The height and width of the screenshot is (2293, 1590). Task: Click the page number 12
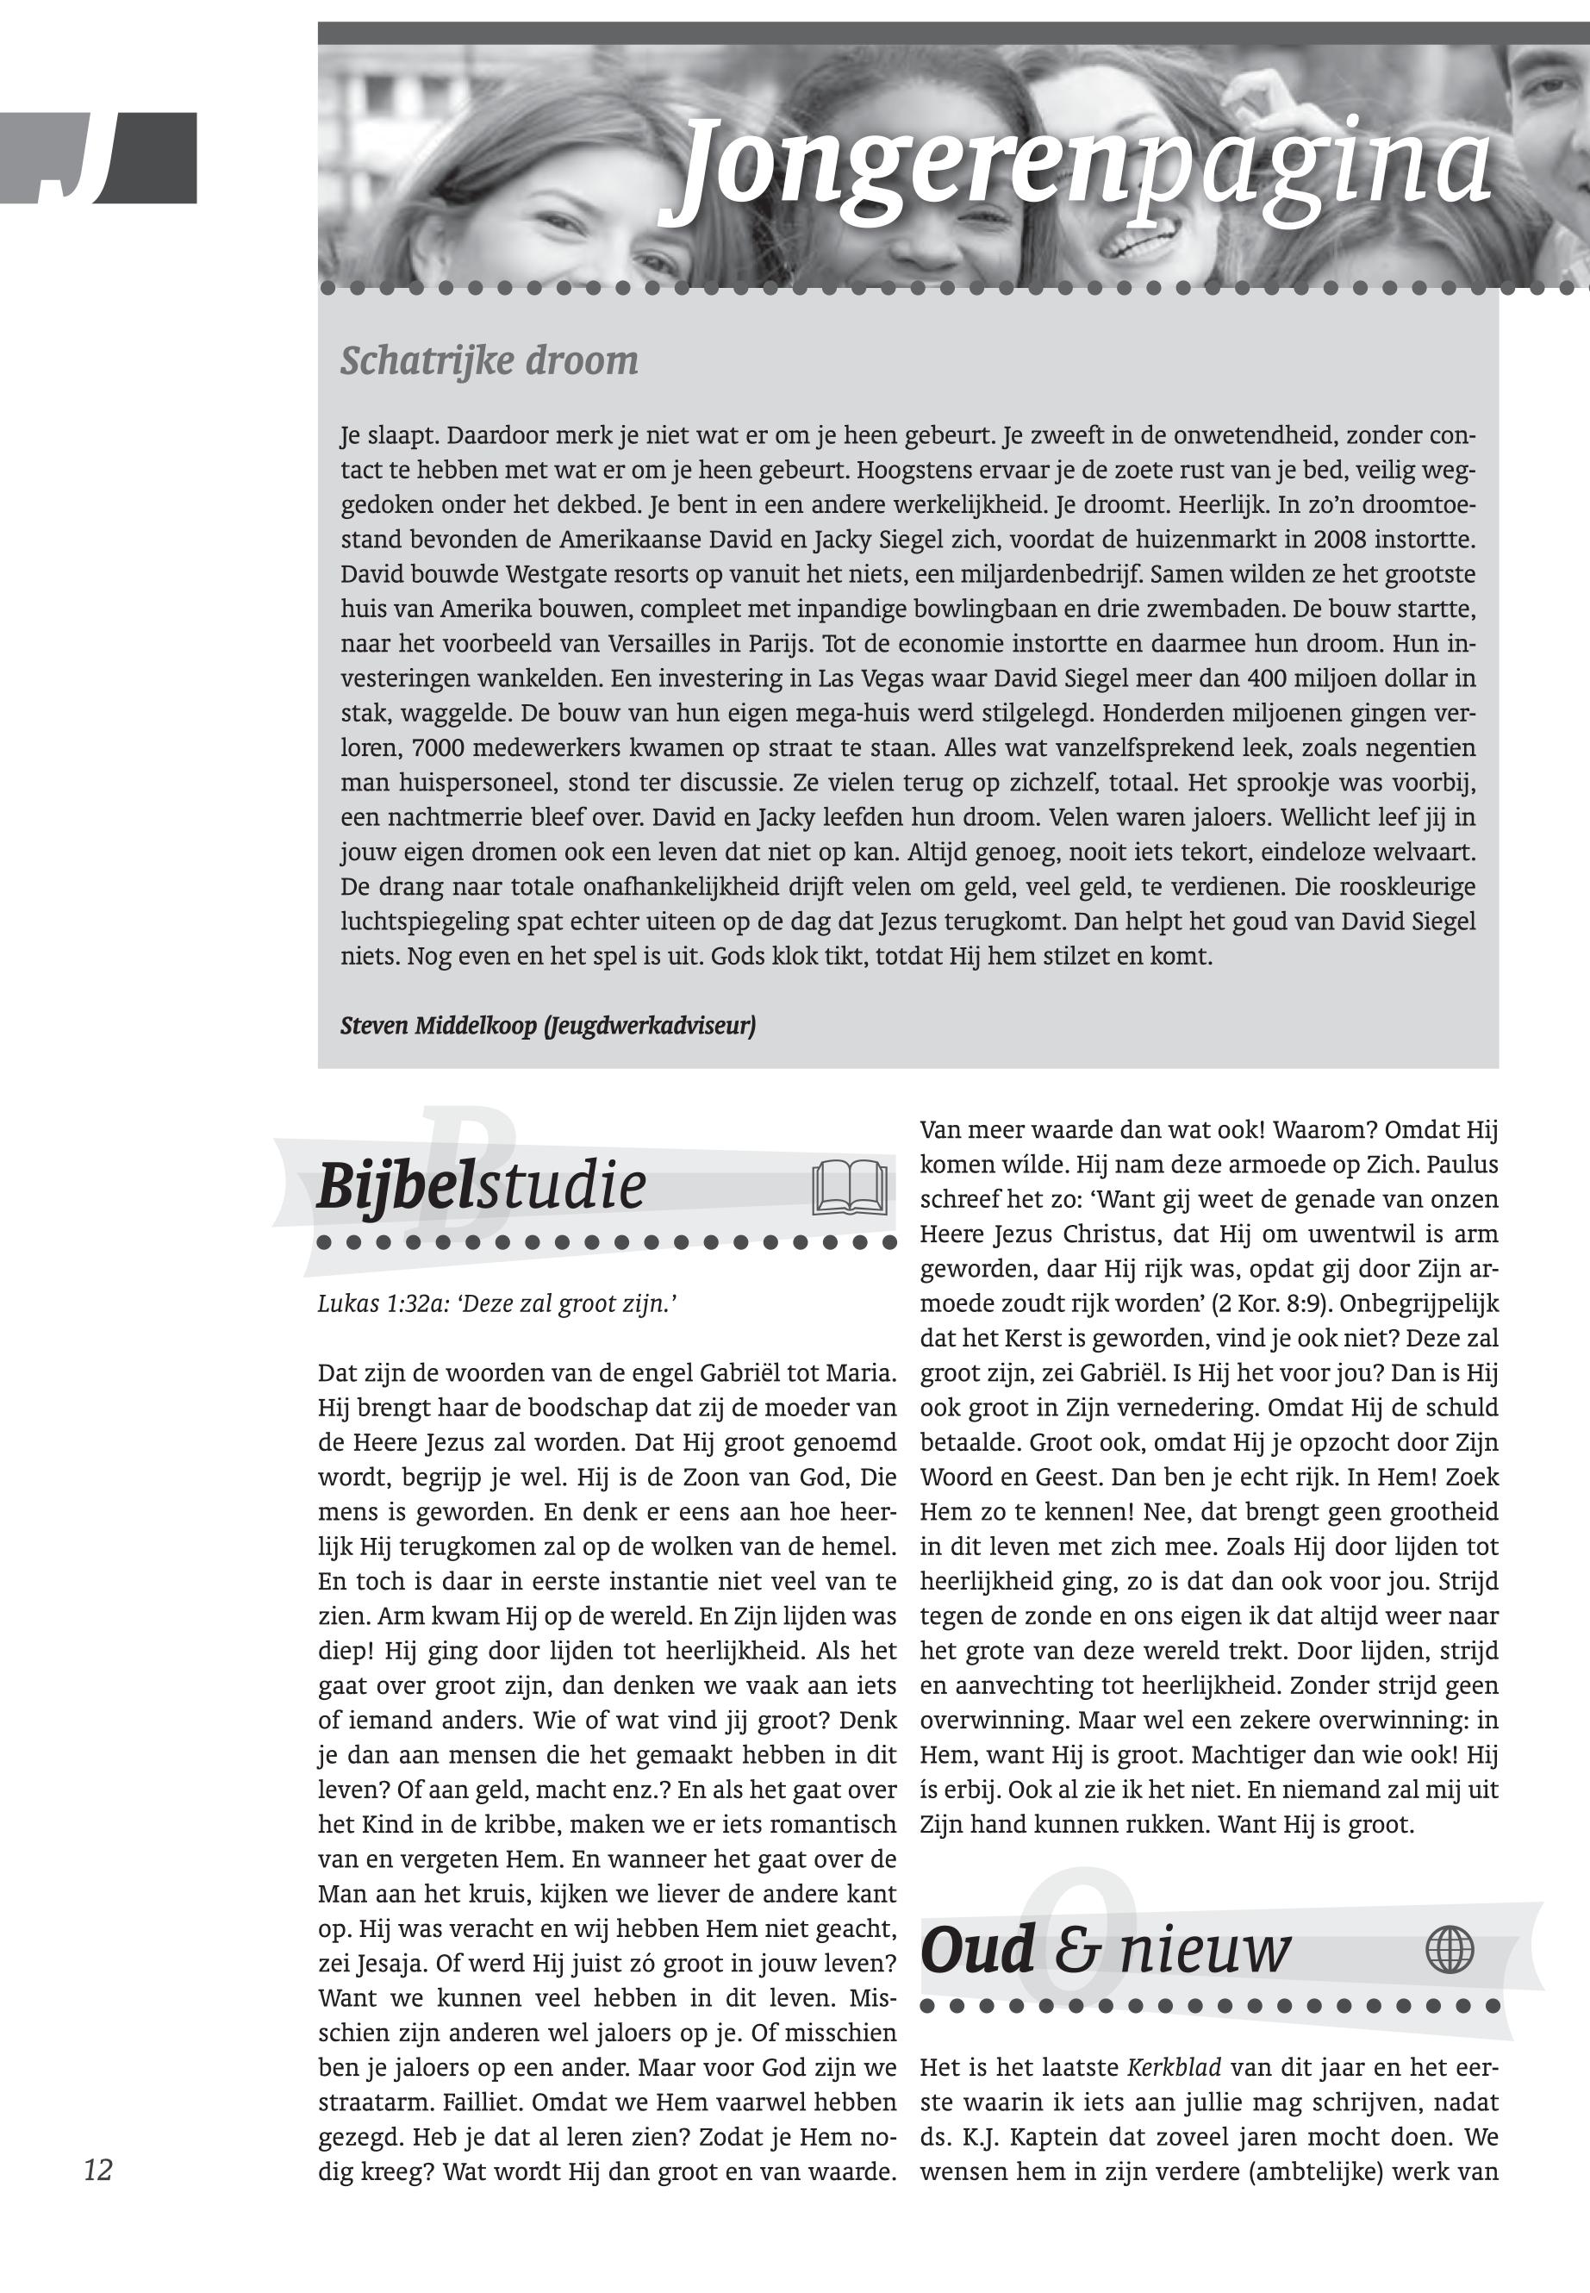pyautogui.click(x=97, y=2170)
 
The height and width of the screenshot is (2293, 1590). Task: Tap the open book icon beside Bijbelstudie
pyautogui.click(x=849, y=1187)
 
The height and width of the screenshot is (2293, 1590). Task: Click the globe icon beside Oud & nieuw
pyautogui.click(x=1450, y=1949)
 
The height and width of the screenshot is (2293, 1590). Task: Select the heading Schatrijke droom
pyautogui.click(x=489, y=360)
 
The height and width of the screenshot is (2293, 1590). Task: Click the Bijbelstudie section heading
pyautogui.click(x=481, y=1187)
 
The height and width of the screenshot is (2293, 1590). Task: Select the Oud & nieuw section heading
pyautogui.click(x=1105, y=1950)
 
